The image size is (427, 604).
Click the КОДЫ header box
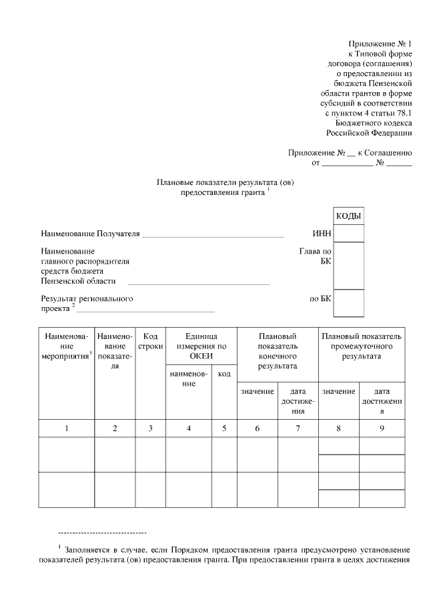pyautogui.click(x=348, y=216)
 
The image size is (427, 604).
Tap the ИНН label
pyautogui.click(x=321, y=234)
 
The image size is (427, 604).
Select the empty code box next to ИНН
pyautogui.click(x=348, y=234)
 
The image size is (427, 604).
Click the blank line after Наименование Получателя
pyautogui.click(x=213, y=235)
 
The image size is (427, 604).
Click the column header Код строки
pyautogui.click(x=150, y=342)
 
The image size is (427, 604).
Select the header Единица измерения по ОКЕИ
pyautogui.click(x=201, y=346)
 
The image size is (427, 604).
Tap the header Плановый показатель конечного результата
pyautogui.click(x=278, y=352)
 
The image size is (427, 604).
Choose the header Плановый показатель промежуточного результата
pyautogui.click(x=361, y=346)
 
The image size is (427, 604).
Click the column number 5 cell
pyautogui.click(x=224, y=428)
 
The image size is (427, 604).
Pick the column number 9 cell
pyautogui.click(x=382, y=428)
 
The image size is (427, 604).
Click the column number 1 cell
pyautogui.click(x=66, y=428)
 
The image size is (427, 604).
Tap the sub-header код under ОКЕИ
pyautogui.click(x=224, y=374)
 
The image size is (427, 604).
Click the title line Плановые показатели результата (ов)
pyautogui.click(x=225, y=182)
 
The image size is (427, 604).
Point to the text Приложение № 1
pyautogui.click(x=380, y=43)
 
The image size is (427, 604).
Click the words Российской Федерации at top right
pyautogui.click(x=373, y=133)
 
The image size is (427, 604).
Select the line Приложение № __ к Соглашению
pyautogui.click(x=350, y=153)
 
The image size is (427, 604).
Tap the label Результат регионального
pyautogui.click(x=87, y=298)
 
